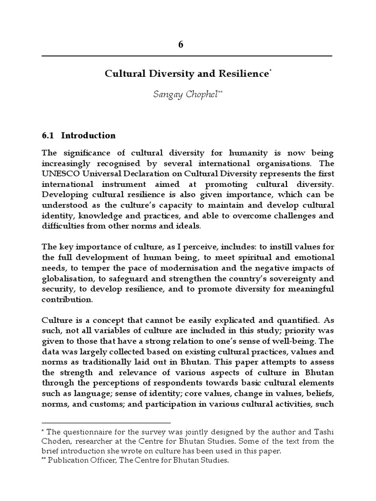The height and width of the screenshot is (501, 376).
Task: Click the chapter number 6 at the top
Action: click(181, 45)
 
